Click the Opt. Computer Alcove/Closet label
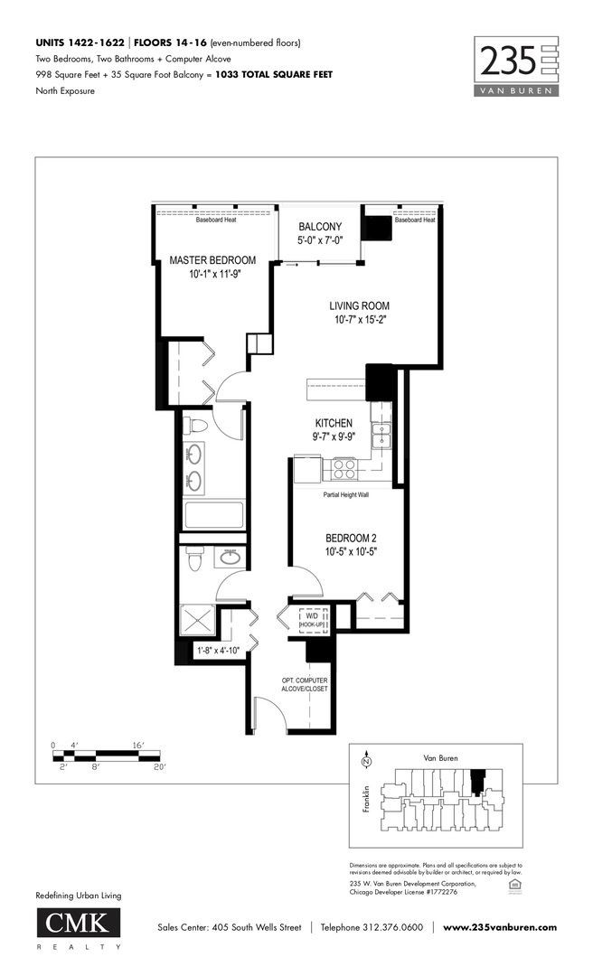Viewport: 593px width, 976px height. (304, 684)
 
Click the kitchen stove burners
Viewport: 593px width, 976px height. (344, 468)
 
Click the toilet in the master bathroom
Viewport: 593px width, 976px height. (196, 425)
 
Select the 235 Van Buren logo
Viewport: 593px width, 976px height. (516, 65)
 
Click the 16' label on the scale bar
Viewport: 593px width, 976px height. (138, 746)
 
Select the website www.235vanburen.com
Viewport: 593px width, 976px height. (500, 927)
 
